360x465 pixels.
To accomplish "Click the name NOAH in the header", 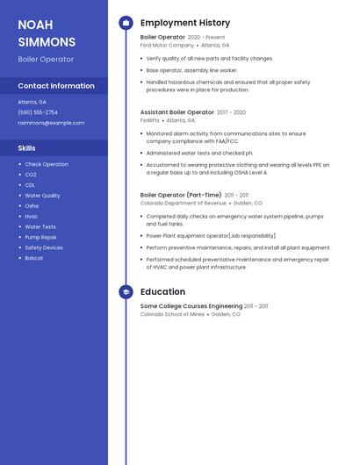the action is click(x=35, y=25).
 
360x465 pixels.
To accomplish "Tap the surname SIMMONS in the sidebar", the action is click(x=47, y=42).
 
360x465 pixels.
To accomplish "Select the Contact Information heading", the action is click(x=56, y=86).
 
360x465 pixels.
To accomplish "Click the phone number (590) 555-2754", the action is click(x=38, y=112).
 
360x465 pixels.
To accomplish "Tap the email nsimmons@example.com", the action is click(x=51, y=123).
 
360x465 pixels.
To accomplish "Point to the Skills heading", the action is click(x=26, y=148).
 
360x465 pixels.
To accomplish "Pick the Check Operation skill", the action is click(x=47, y=164).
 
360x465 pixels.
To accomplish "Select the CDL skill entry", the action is click(x=30, y=185).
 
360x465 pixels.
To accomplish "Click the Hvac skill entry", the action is click(x=32, y=216).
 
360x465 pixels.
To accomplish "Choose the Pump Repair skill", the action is click(x=41, y=237).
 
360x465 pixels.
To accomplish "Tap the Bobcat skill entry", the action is click(x=34, y=258).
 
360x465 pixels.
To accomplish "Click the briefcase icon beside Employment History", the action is click(x=126, y=23).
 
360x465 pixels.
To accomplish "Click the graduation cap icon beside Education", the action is click(x=126, y=292).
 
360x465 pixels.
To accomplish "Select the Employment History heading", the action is click(x=185, y=23).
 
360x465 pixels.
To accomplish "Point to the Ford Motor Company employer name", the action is click(x=167, y=45).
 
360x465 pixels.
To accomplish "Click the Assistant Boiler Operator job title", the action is click(x=177, y=112).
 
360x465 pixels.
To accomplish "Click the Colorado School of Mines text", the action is click(x=172, y=314).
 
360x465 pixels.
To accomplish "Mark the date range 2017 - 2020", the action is click(x=232, y=112).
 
